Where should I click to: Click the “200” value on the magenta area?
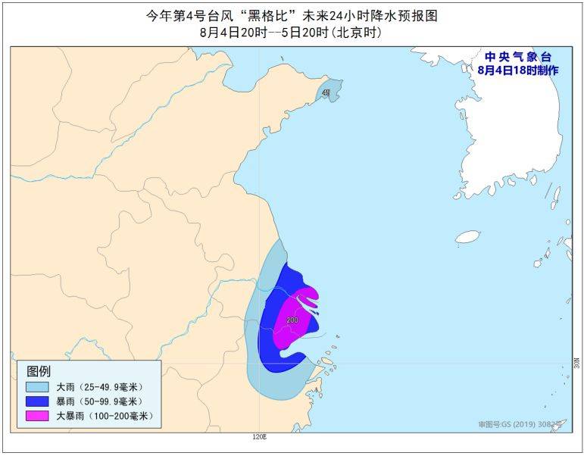(292, 320)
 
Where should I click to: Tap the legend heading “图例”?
(39, 371)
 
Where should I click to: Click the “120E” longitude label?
(260, 437)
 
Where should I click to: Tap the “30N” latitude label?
(576, 364)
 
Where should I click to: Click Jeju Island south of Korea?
(468, 236)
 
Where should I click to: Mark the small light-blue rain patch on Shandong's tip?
(327, 93)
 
